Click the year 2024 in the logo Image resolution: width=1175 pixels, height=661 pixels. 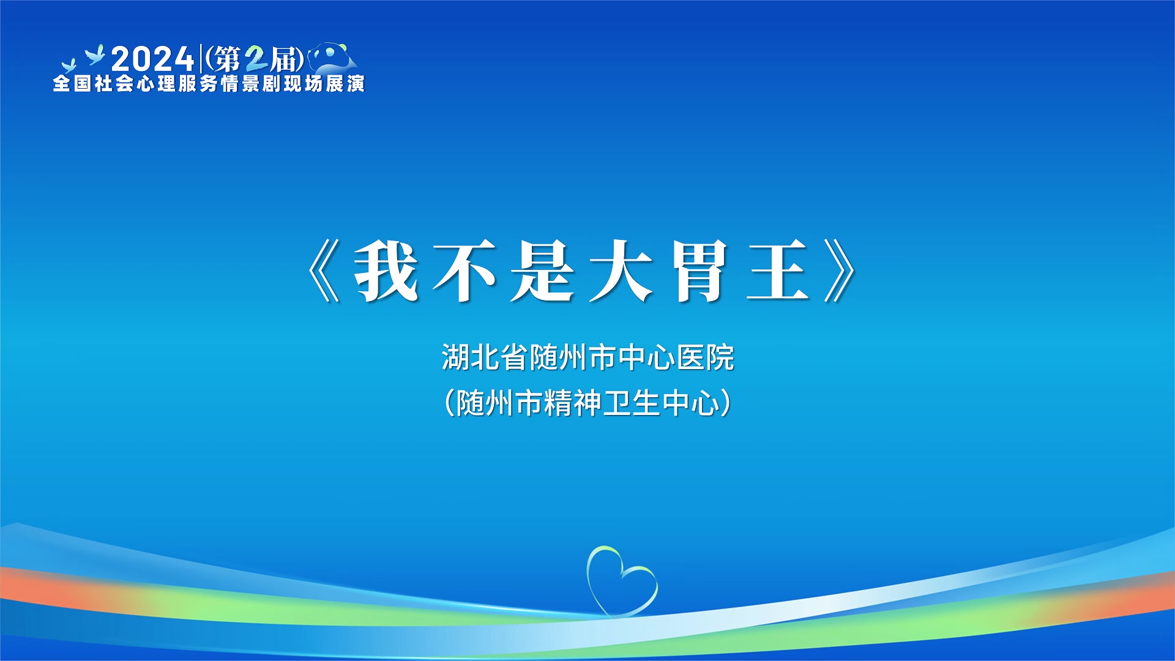click(153, 59)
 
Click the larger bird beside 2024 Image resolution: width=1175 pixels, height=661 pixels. click(95, 55)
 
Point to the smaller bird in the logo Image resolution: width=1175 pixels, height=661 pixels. click(68, 65)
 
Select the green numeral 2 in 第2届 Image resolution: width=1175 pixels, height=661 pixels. click(256, 59)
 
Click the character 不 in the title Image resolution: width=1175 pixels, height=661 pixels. click(464, 271)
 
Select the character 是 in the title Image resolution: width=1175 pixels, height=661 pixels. click(543, 271)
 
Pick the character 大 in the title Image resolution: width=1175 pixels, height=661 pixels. click(621, 271)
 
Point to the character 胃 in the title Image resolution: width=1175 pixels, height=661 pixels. click(699, 271)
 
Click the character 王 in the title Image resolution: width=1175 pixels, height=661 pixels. click(778, 271)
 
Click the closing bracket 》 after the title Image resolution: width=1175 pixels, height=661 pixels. click(840, 271)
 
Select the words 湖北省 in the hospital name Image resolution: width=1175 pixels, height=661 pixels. click(485, 357)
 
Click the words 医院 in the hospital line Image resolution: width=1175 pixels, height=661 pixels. click(706, 357)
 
